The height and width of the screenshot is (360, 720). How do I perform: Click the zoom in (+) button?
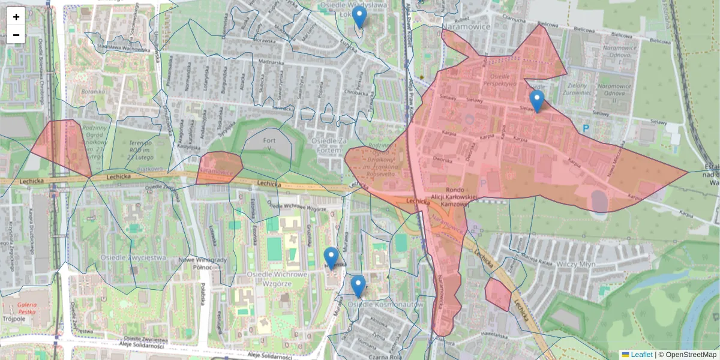point(16,17)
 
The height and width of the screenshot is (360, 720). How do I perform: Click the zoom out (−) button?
point(16,35)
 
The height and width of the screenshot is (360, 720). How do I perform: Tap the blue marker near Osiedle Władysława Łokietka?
point(359,17)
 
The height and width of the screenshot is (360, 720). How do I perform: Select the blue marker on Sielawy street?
point(536,101)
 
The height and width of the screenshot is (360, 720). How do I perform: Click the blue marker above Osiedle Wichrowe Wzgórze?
point(331,258)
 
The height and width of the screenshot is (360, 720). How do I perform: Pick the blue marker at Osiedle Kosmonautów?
point(358,286)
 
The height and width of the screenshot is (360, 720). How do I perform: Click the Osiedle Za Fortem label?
point(331,140)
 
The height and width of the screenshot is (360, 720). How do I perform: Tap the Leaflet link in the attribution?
point(641,355)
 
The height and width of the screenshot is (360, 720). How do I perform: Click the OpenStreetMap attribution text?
point(690,355)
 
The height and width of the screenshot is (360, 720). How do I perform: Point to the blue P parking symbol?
point(586,128)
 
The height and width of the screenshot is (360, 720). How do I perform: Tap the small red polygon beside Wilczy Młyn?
point(497,293)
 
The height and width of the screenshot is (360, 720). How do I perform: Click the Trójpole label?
point(13,319)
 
